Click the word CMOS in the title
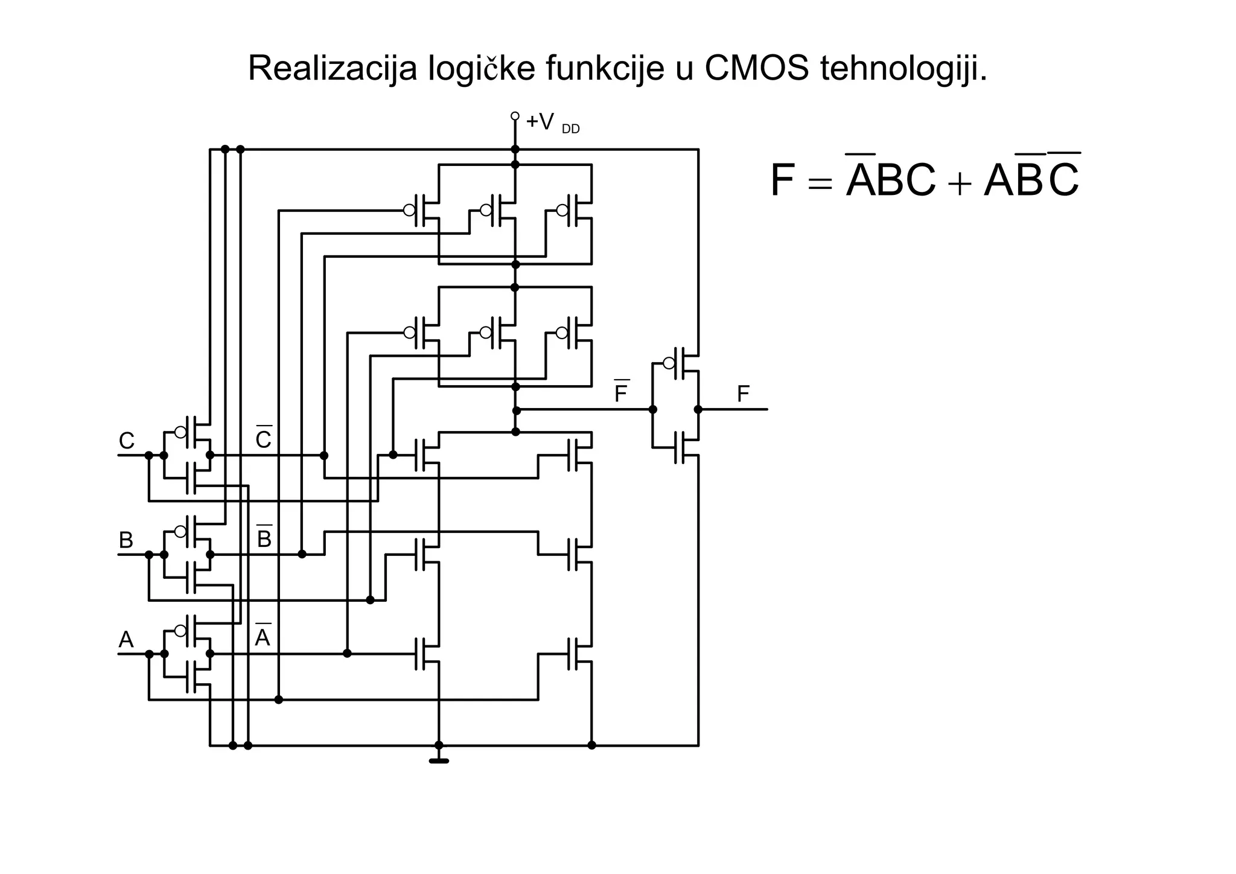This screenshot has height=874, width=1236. coord(756,68)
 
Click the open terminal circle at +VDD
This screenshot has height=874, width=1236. coord(515,116)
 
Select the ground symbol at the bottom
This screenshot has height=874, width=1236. coord(439,761)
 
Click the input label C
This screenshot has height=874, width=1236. coord(126,441)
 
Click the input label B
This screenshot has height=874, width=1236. coord(126,540)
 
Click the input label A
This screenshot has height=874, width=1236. coord(126,640)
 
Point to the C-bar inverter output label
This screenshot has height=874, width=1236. coord(264,439)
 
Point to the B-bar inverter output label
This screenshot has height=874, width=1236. coord(264,538)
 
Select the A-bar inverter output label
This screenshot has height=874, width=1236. coord(263,637)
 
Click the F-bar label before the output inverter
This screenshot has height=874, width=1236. coord(621,394)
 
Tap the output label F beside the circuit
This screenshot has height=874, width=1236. coord(743,395)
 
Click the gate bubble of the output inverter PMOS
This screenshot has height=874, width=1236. coord(669,363)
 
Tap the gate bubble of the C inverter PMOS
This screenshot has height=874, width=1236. coord(180,432)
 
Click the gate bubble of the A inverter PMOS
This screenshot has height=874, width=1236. coord(180,631)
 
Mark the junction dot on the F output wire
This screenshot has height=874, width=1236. coord(698,409)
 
